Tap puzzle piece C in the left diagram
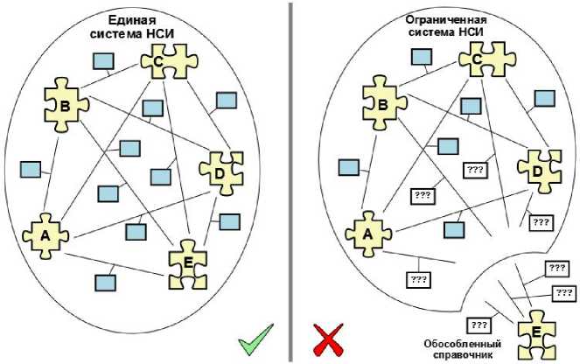tap(158, 61)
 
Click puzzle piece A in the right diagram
tap(367, 234)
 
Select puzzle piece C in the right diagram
tap(478, 59)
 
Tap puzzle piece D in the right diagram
tap(538, 171)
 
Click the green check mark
tap(254, 340)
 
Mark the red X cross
tap(327, 340)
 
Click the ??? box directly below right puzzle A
tap(419, 281)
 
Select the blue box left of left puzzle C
tap(104, 61)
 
